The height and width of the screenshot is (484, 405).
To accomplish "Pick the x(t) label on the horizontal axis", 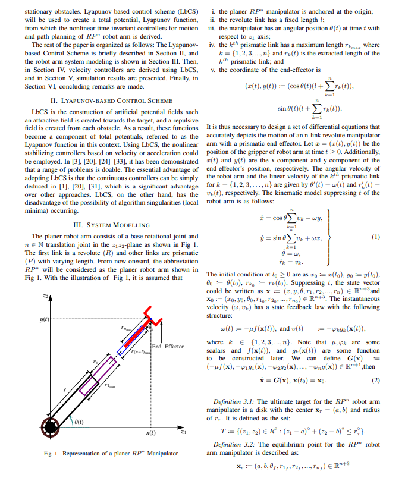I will click(150, 433).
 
